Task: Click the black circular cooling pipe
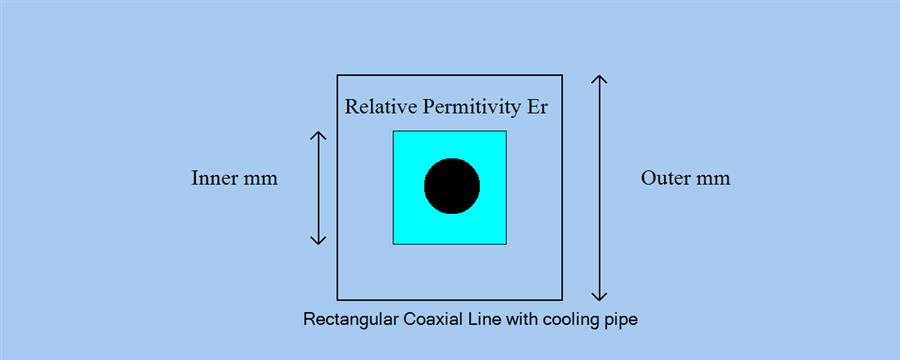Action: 452,186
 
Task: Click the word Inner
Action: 213,179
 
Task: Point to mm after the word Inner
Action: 260,180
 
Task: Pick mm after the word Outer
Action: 714,180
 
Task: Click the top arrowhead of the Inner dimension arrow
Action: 318,135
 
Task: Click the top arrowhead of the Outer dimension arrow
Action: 599,79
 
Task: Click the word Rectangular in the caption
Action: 349,321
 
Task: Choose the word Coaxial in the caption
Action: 431,321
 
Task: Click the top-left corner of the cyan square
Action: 393,131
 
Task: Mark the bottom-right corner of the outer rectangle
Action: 562,299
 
